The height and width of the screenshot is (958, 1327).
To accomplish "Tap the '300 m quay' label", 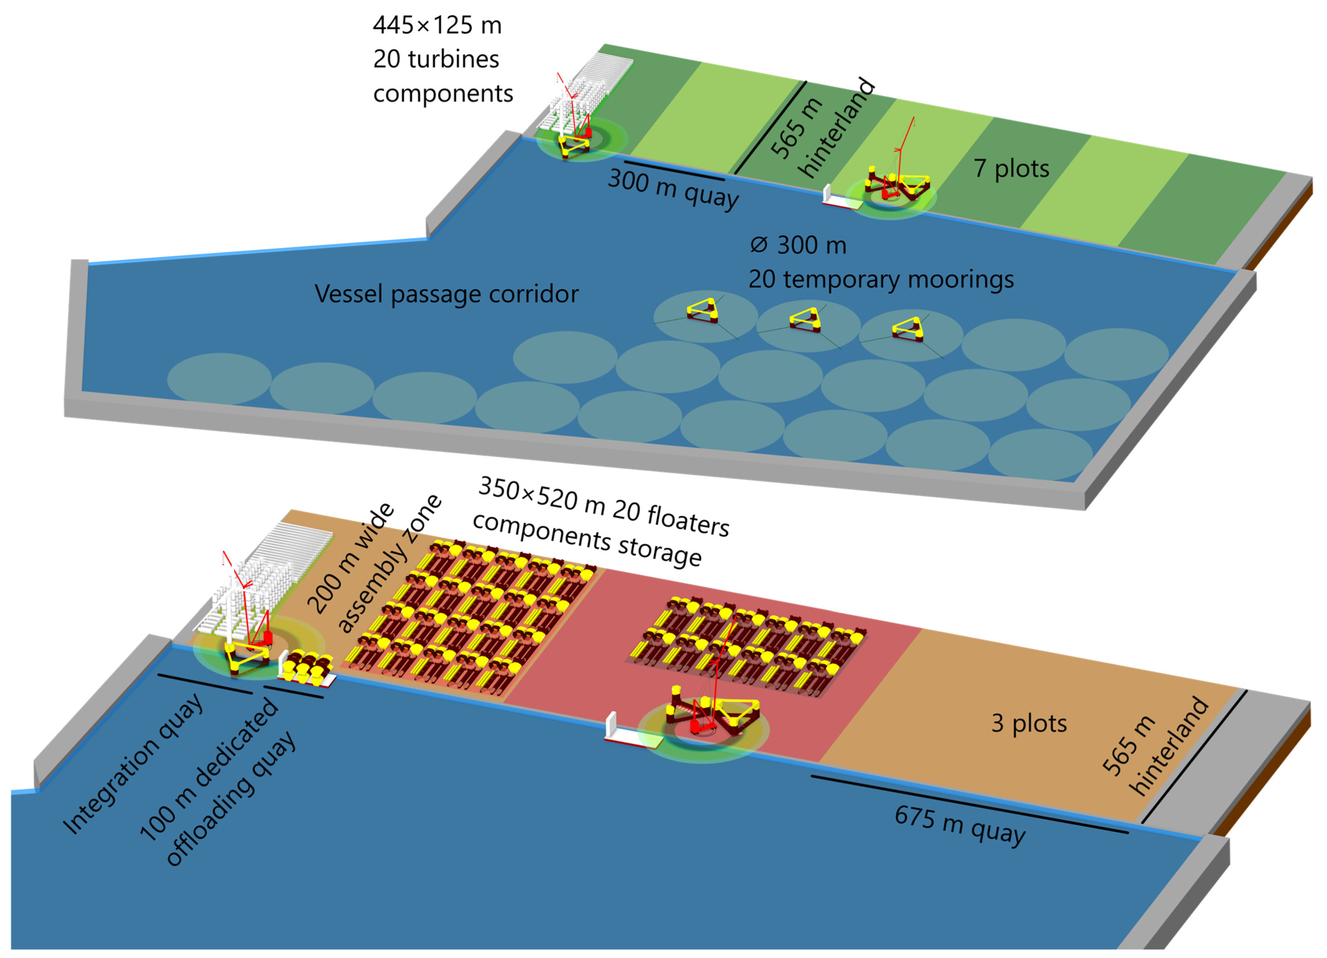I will tap(673, 188).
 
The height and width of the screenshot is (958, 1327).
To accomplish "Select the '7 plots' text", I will tap(1011, 168).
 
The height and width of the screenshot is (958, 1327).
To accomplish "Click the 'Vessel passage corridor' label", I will tap(446, 294).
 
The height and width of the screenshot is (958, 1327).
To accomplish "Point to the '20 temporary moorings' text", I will tap(880, 279).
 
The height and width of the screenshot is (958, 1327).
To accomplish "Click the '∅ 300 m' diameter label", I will tap(798, 245).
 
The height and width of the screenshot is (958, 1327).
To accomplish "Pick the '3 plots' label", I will tap(1028, 723).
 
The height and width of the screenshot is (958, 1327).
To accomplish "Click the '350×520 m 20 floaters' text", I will tap(603, 507).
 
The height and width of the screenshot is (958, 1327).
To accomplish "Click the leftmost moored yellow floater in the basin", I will tap(703, 310).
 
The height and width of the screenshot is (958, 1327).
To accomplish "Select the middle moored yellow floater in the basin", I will tap(806, 320).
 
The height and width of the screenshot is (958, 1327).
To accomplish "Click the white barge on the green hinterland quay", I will tap(836, 198).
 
